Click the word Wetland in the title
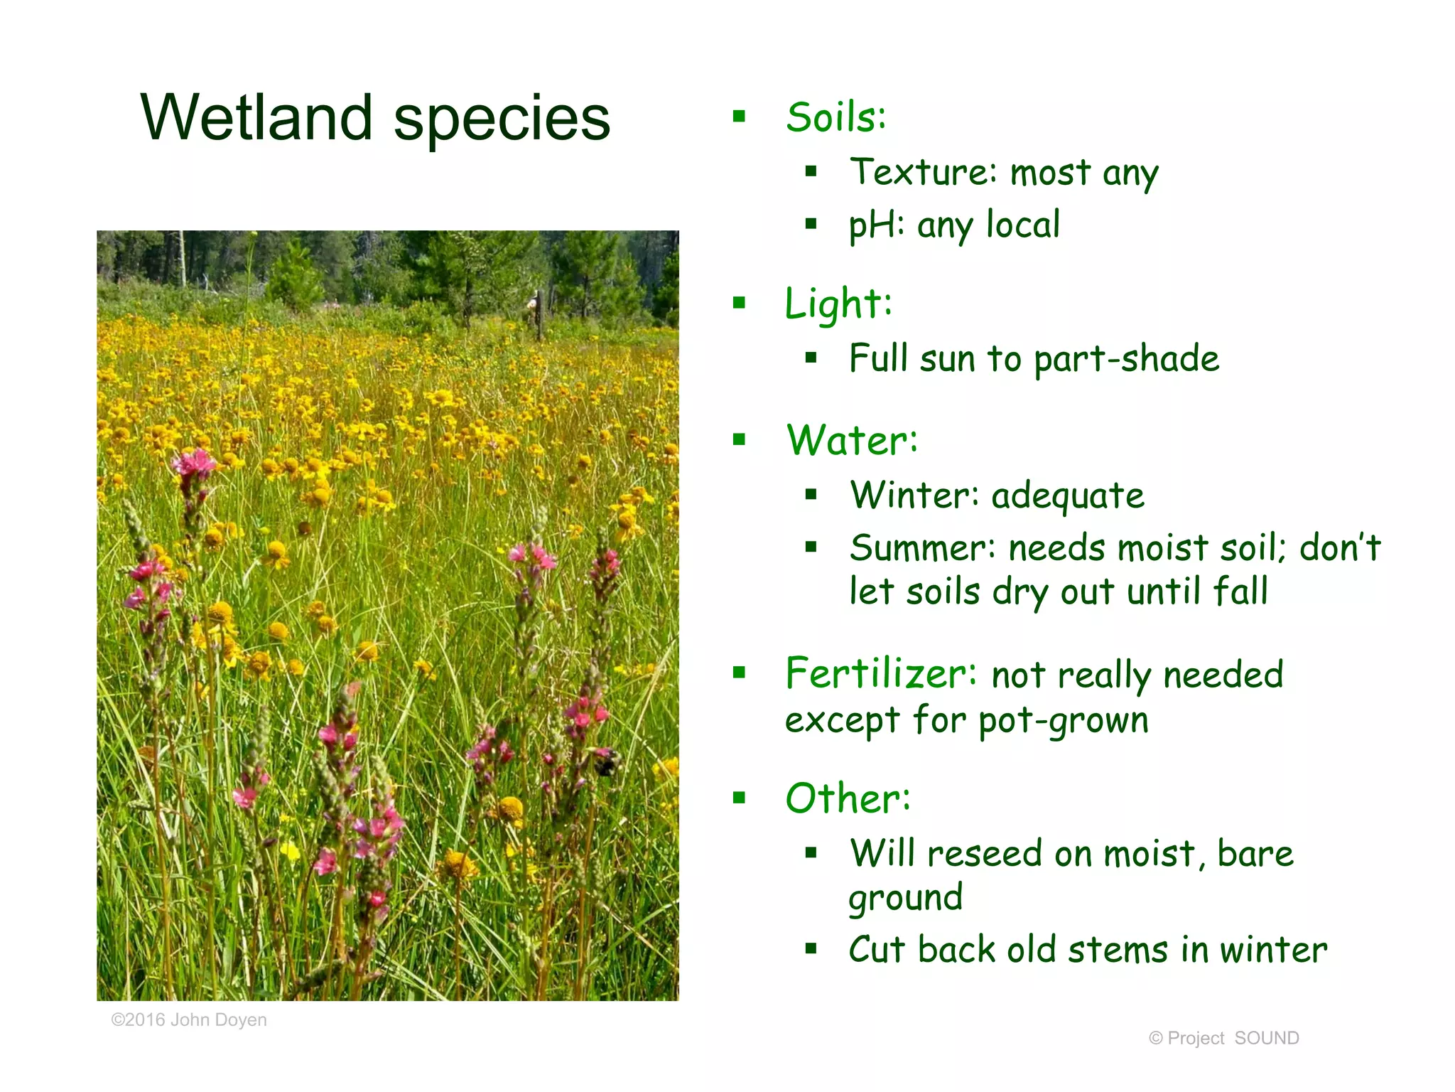pos(256,118)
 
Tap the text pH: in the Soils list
pos(877,226)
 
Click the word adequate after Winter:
pos(1067,496)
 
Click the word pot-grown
pos(1063,721)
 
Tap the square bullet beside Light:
pos(740,304)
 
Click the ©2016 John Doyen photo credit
pos(189,1020)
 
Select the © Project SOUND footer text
pos(1223,1039)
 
